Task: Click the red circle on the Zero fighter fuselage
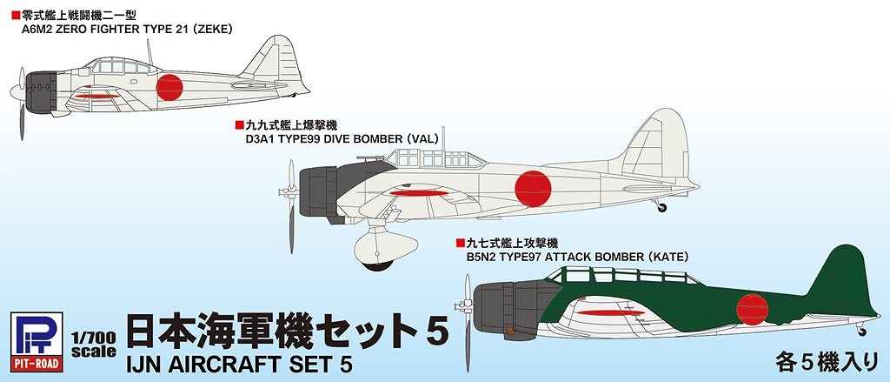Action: pyautogui.click(x=170, y=87)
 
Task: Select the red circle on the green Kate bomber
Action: pyautogui.click(x=753, y=307)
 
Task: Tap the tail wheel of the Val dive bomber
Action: pyautogui.click(x=662, y=207)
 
